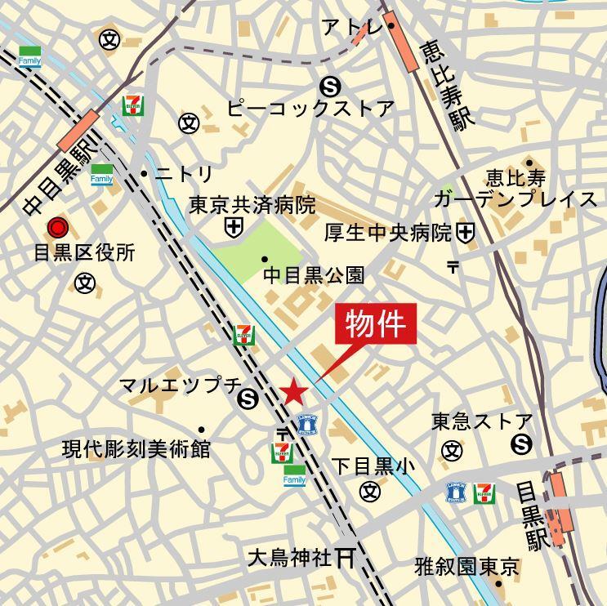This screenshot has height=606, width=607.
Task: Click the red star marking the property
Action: pyautogui.click(x=294, y=393)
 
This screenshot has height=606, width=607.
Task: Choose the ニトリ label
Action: pyautogui.click(x=184, y=174)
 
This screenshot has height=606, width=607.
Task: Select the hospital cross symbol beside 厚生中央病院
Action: pyautogui.click(x=466, y=233)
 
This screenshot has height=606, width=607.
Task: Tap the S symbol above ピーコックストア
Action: pyautogui.click(x=330, y=84)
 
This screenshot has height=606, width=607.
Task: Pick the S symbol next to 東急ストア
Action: pyautogui.click(x=520, y=444)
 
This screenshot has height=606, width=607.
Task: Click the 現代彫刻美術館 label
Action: pyautogui.click(x=136, y=448)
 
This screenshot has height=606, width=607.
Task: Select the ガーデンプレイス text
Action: pyautogui.click(x=516, y=200)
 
